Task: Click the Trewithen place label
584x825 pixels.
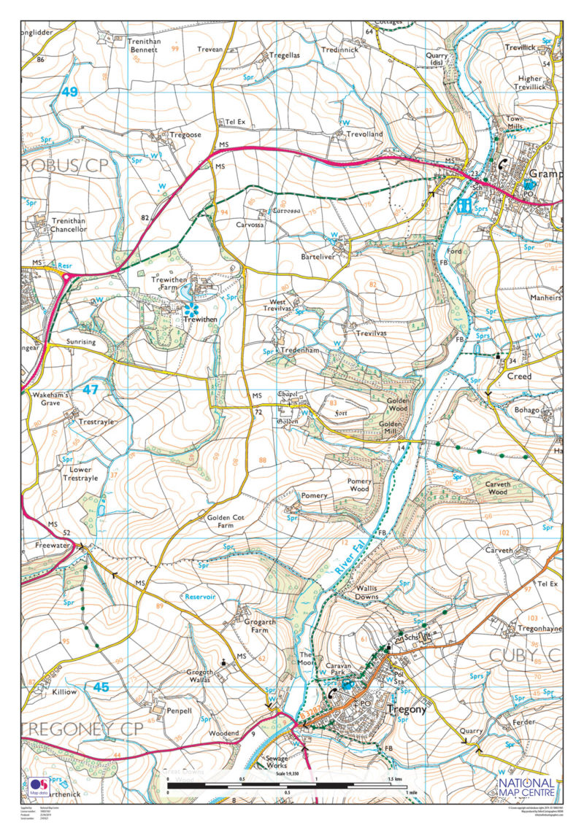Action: point(201,319)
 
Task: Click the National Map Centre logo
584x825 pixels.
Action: point(526,788)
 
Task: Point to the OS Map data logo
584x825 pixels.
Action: point(39,788)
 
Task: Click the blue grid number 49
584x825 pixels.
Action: point(69,92)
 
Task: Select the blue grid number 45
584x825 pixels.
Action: point(101,686)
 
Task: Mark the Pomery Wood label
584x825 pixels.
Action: point(359,486)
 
